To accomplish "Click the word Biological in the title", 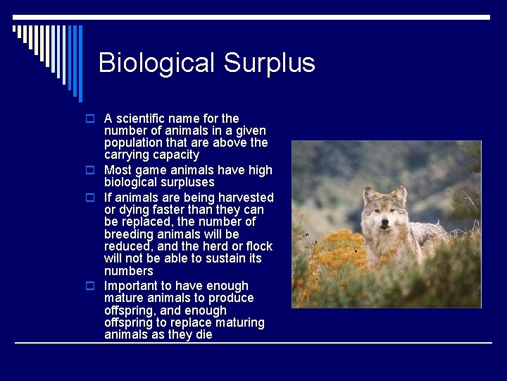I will (x=157, y=63).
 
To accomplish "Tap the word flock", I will (x=258, y=246).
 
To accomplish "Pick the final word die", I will (x=201, y=334).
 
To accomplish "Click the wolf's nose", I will (x=384, y=225).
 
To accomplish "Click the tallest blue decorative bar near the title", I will (x=80, y=64).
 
